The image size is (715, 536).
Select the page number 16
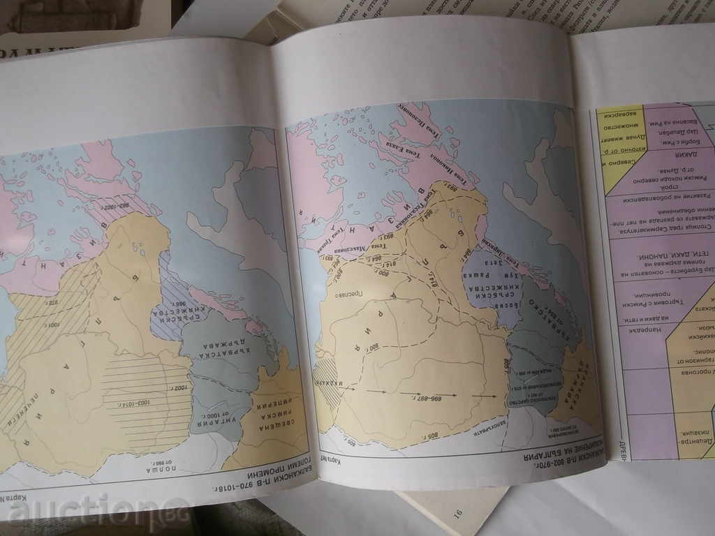click(458, 514)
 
